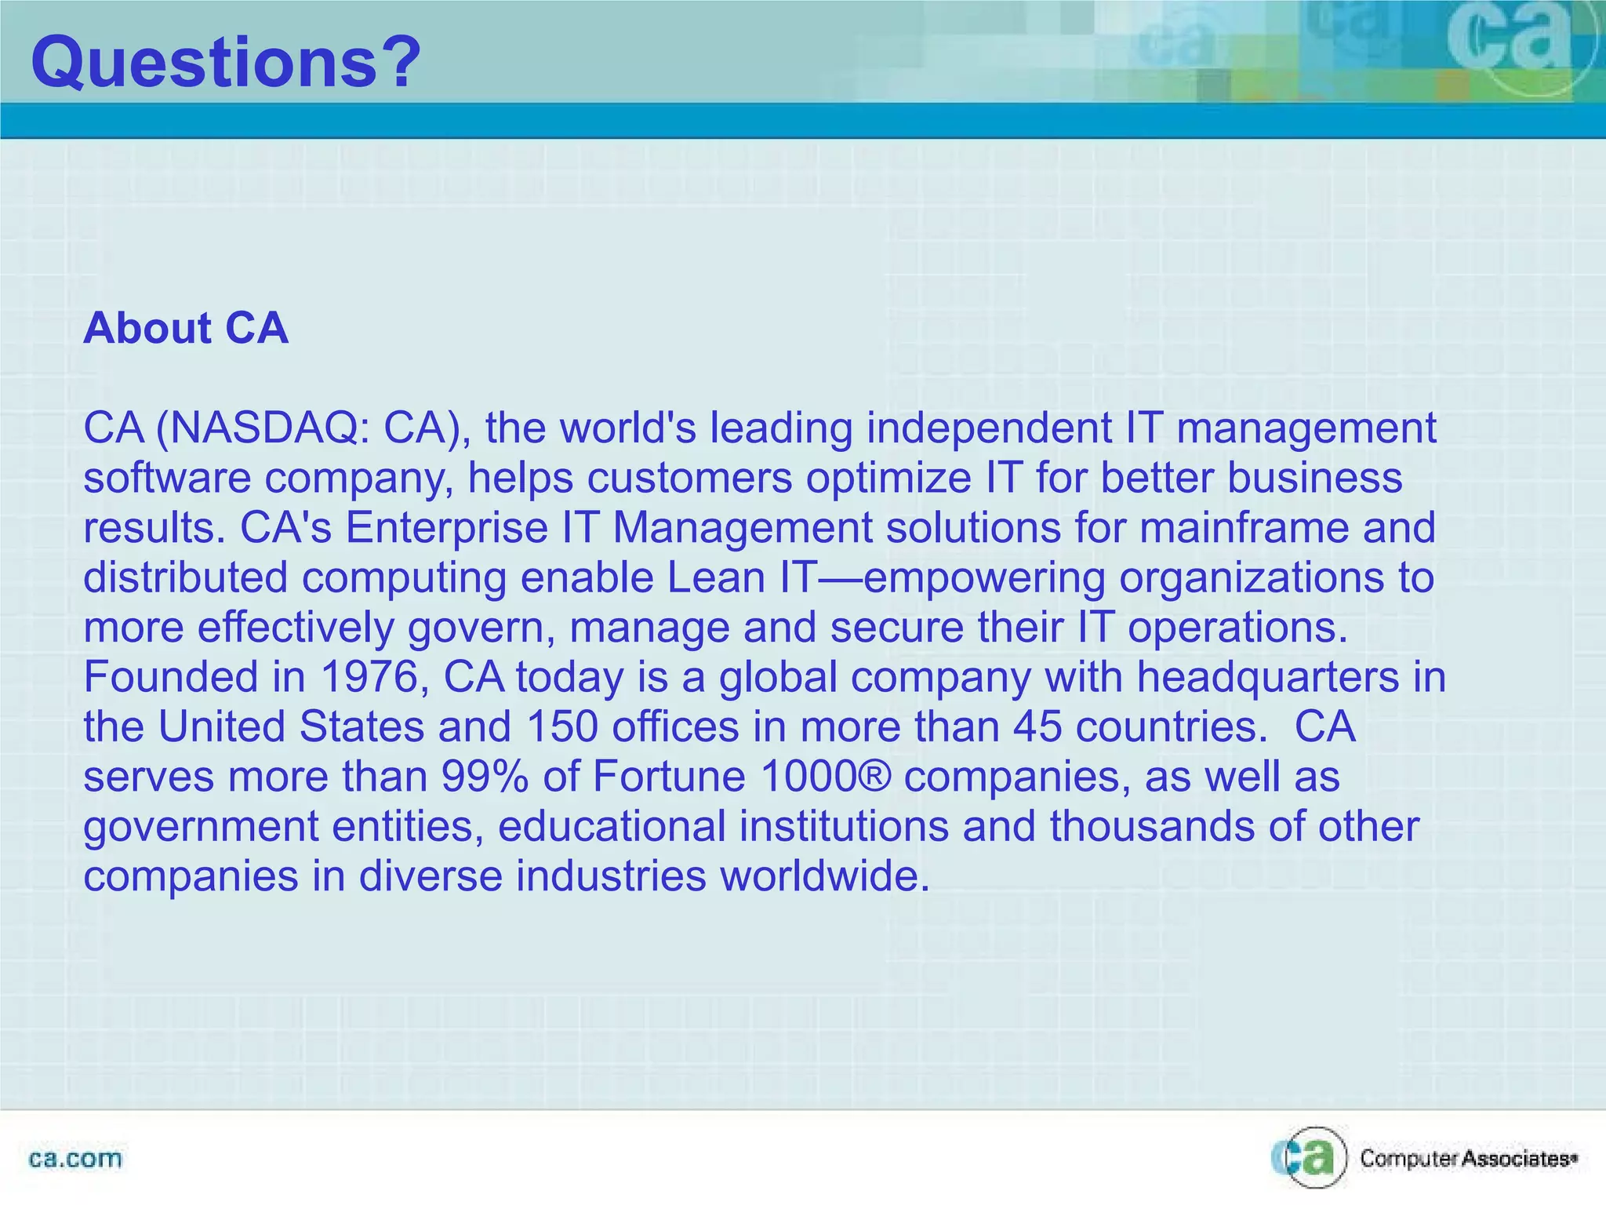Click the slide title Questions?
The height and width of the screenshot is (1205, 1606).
tap(226, 63)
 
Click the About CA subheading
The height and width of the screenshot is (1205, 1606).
tap(186, 328)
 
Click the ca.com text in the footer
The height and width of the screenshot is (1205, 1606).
tap(75, 1159)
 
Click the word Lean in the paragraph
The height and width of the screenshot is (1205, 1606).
tap(715, 578)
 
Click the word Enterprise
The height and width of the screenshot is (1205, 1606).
tap(446, 528)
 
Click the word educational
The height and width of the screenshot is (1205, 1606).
tap(612, 826)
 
